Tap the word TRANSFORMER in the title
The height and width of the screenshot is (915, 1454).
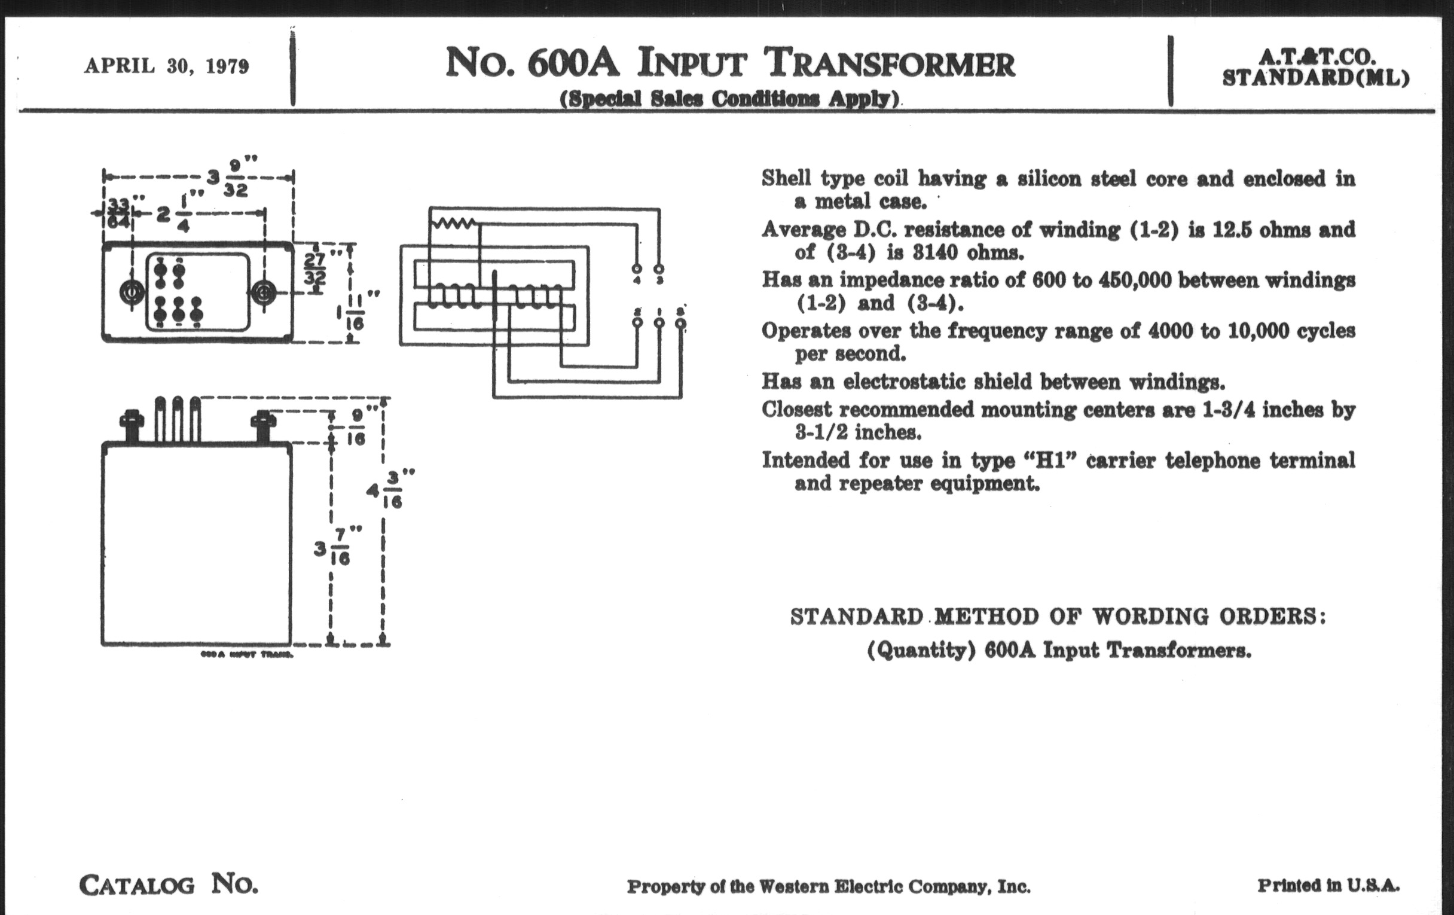click(889, 64)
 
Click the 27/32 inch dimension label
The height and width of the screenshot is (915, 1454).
click(315, 269)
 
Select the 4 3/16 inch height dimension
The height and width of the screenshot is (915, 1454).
click(385, 489)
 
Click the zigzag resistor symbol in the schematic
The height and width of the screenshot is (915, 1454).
click(454, 224)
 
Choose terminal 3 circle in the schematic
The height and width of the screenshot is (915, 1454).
click(659, 269)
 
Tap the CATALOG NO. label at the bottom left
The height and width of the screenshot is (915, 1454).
click(169, 886)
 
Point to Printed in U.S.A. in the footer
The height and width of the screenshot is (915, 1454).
click(1328, 886)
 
